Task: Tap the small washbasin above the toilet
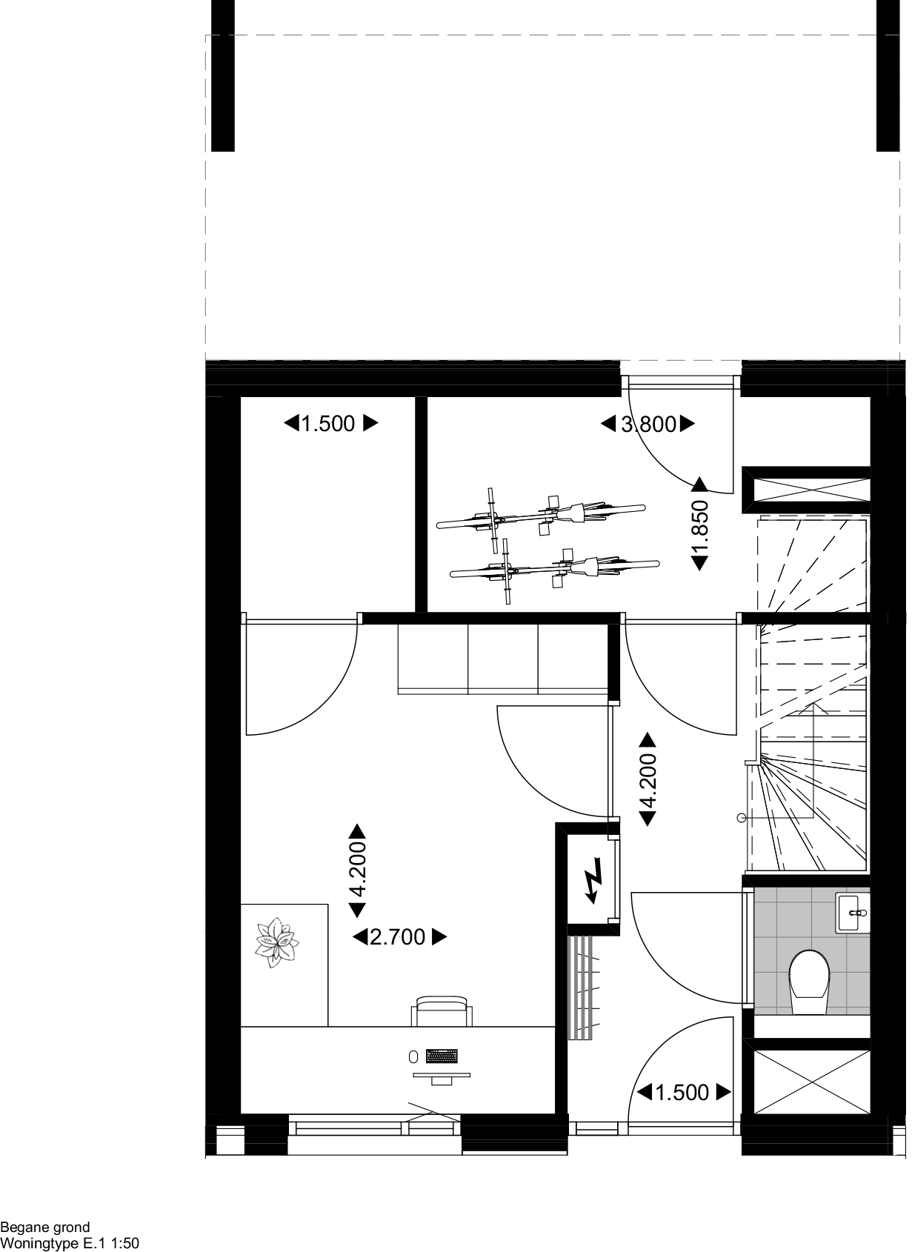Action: [852, 913]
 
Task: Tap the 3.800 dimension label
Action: [648, 424]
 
